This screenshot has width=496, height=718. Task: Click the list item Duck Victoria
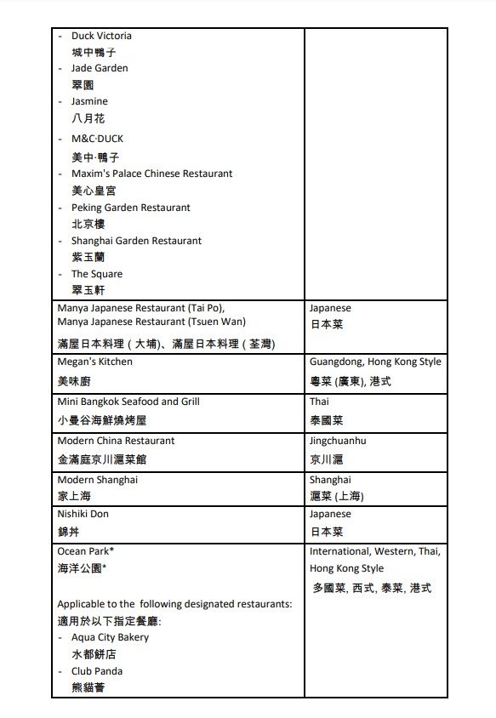click(101, 36)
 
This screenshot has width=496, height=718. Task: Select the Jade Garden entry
click(100, 68)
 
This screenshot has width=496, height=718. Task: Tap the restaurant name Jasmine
click(89, 101)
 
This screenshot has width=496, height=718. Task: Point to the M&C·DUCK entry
click(97, 139)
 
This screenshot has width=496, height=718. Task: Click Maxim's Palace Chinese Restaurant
click(151, 174)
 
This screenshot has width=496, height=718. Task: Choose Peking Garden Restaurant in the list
click(130, 208)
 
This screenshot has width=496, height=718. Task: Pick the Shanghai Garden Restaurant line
click(136, 241)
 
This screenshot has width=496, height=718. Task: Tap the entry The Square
click(96, 274)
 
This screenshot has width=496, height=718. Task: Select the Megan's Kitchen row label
click(94, 362)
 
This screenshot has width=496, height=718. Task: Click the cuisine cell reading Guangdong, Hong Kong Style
click(375, 362)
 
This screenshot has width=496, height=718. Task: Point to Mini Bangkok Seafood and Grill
click(128, 402)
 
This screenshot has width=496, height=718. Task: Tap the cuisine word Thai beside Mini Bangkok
click(319, 402)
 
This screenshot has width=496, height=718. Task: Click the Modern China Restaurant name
click(116, 441)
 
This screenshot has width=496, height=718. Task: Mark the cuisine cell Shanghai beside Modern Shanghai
click(330, 480)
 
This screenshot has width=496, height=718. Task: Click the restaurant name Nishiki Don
click(83, 514)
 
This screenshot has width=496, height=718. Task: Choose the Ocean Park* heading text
click(85, 551)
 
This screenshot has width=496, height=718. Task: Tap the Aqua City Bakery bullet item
click(110, 637)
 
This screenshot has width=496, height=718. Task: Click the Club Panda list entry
click(97, 670)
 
